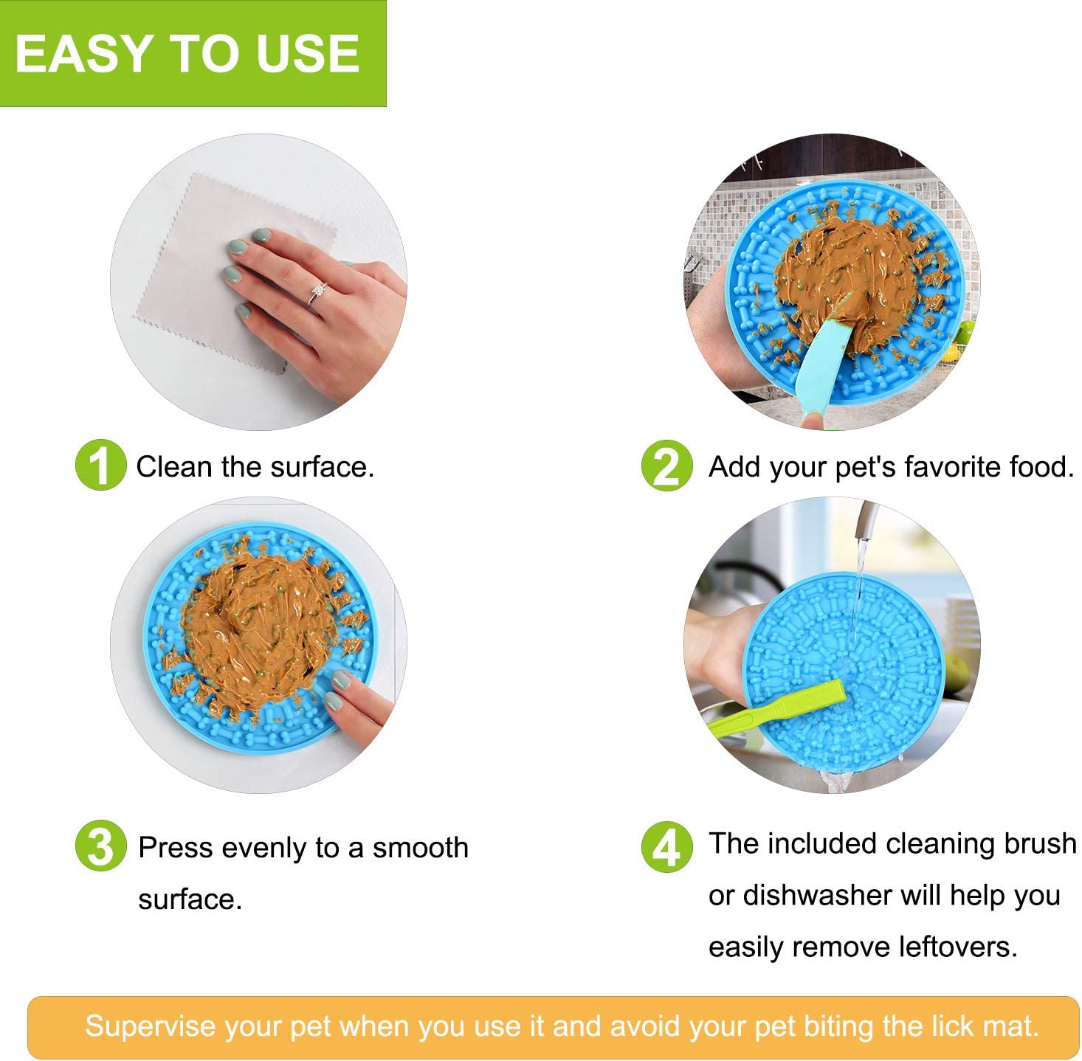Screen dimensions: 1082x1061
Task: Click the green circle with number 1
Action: click(x=100, y=465)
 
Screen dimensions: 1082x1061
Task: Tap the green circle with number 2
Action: click(x=667, y=466)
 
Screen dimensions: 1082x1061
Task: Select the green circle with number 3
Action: click(x=100, y=846)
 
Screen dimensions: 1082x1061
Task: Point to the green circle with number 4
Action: click(x=667, y=847)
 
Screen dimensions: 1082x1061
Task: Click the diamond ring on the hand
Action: click(x=318, y=293)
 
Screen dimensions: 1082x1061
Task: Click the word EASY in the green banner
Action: click(x=83, y=53)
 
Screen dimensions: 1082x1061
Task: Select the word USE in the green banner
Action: click(x=308, y=53)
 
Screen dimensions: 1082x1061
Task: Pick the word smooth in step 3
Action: click(x=421, y=848)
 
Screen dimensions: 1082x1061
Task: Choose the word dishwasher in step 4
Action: click(x=817, y=895)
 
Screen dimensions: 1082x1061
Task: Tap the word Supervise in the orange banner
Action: click(x=151, y=1026)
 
